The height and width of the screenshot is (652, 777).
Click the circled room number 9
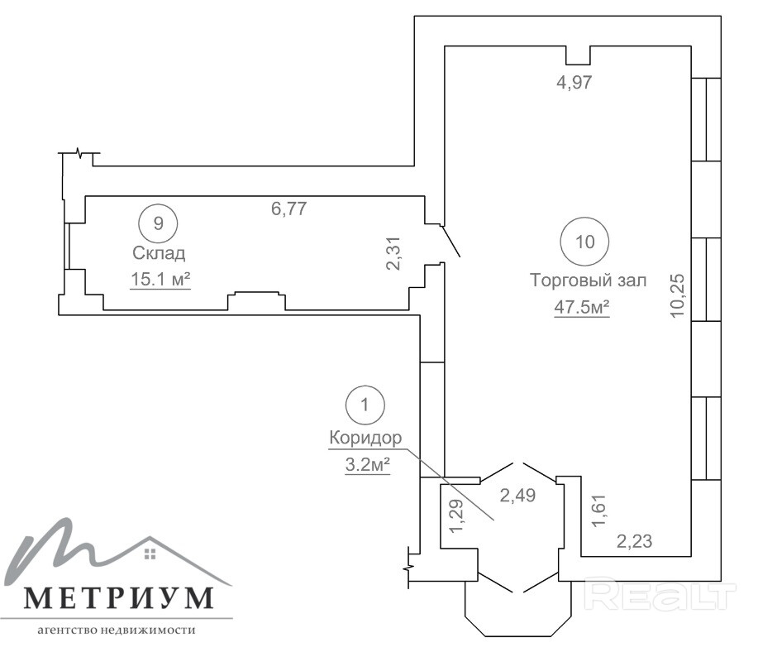(x=158, y=223)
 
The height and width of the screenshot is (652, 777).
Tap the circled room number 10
(x=584, y=242)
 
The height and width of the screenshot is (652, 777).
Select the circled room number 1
(x=365, y=405)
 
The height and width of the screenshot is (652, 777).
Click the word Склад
(x=159, y=253)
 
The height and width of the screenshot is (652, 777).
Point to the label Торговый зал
(x=589, y=280)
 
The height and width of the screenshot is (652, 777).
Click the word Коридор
(x=365, y=439)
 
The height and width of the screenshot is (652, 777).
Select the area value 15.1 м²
(x=160, y=280)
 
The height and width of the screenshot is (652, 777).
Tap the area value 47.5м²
(x=581, y=307)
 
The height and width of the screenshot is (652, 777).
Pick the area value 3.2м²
(x=367, y=465)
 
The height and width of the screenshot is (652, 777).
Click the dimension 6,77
(x=289, y=208)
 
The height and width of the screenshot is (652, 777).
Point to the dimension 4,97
(x=574, y=81)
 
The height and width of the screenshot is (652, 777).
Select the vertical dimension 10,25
(x=678, y=295)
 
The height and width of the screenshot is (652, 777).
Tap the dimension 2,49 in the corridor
(x=517, y=495)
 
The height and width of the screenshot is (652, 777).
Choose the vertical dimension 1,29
(x=456, y=515)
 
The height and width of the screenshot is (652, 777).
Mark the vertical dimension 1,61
(x=599, y=510)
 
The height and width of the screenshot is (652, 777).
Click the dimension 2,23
(x=634, y=541)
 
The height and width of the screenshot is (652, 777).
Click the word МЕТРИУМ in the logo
(x=119, y=598)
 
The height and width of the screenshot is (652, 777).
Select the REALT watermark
(x=660, y=594)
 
